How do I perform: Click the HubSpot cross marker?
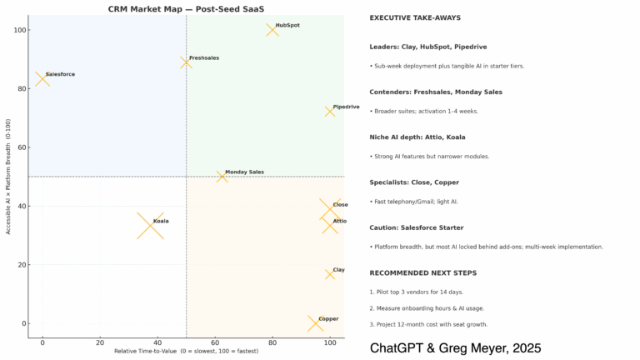coord(272,30)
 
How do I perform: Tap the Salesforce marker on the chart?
coord(42,79)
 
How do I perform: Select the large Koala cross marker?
coord(150,226)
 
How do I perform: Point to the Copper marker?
coord(314,323)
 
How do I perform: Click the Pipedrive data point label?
coord(346,107)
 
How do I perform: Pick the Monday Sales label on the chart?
coord(244,172)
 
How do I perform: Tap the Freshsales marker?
coord(186,62)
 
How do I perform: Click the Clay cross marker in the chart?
coord(330,274)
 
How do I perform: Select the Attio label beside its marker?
coord(340,221)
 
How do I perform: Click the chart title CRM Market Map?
coord(187,8)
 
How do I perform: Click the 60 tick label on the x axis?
coord(215,342)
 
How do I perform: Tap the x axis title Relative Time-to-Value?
coord(186,352)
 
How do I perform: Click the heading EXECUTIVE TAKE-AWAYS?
coord(415,17)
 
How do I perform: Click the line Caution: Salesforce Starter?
coord(417,227)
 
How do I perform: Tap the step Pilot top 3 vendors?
coord(416,292)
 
